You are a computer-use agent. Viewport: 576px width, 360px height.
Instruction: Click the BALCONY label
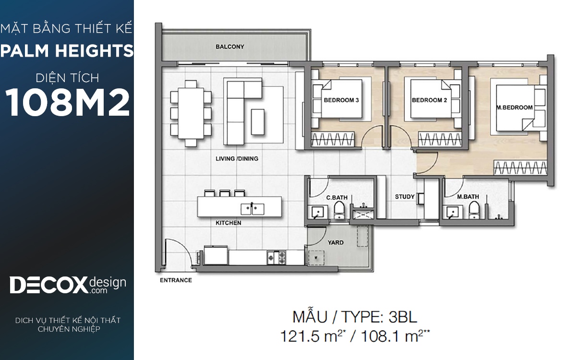click(x=229, y=47)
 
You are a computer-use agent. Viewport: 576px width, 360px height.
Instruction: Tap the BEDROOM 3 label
click(x=341, y=100)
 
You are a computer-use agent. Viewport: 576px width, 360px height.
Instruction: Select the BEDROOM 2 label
click(x=430, y=100)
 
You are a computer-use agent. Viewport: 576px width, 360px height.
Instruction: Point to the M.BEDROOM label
click(x=515, y=108)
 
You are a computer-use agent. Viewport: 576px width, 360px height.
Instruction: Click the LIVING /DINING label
click(x=237, y=159)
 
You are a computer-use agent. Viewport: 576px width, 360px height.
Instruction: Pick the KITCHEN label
click(x=228, y=223)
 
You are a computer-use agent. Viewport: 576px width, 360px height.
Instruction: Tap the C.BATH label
click(x=337, y=197)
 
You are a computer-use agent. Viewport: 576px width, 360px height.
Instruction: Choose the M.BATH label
click(x=468, y=197)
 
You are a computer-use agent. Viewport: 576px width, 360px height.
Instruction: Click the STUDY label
click(x=405, y=197)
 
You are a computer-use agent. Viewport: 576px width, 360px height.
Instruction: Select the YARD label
click(x=336, y=242)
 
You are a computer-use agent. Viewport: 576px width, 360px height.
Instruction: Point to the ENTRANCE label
click(x=176, y=280)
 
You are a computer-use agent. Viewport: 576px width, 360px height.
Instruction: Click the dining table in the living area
click(x=191, y=114)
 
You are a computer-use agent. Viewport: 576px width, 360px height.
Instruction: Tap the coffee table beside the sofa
click(x=258, y=122)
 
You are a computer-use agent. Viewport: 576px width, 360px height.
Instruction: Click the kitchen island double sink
click(x=252, y=209)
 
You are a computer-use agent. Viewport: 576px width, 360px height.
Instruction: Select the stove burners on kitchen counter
click(x=276, y=258)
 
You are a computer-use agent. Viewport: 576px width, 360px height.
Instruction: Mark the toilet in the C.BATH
click(x=339, y=210)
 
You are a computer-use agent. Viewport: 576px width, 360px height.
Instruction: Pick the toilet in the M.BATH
click(x=474, y=210)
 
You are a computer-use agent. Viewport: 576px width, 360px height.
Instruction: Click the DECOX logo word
click(x=48, y=285)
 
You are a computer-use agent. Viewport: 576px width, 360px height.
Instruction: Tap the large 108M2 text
click(x=67, y=102)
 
